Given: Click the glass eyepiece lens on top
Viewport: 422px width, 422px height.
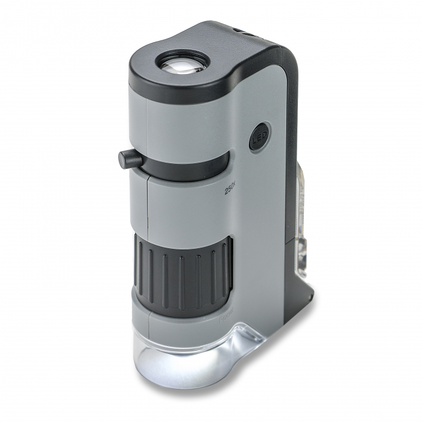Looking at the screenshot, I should pyautogui.click(x=182, y=62).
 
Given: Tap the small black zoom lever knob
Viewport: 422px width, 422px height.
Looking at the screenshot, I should pyautogui.click(x=130, y=159).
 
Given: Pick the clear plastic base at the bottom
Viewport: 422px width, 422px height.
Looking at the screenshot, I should pyautogui.click(x=187, y=356).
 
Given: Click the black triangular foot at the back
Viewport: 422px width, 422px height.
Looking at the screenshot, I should pyautogui.click(x=301, y=289).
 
